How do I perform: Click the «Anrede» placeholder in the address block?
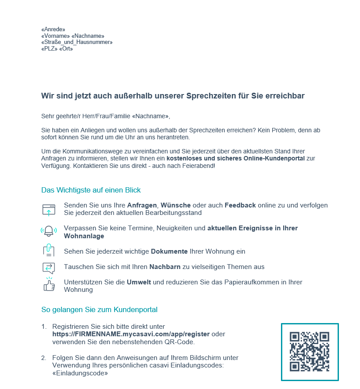53,29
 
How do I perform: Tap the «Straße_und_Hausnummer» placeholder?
77,42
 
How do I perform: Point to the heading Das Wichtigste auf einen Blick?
91,190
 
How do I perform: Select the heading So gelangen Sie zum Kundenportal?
99,309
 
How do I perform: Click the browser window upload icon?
49,209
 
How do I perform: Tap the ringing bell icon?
49,232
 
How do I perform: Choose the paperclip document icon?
49,251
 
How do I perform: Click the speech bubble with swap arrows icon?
49,267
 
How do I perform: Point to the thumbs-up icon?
49,285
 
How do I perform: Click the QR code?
310,352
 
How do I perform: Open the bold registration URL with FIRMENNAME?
131,334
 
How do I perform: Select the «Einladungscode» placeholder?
80,373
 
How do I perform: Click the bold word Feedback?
240,205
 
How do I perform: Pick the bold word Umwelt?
139,282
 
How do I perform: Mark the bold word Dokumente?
169,251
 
